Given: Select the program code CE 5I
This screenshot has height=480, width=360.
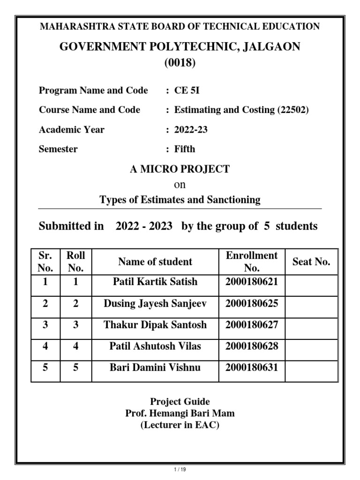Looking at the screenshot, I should (x=187, y=90).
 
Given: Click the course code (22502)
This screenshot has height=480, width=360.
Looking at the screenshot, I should (x=293, y=110).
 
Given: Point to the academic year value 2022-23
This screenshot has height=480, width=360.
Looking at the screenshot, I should (x=191, y=130).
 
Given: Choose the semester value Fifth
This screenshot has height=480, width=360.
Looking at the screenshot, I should (x=185, y=150).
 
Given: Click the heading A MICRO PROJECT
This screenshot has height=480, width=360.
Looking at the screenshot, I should (x=180, y=169).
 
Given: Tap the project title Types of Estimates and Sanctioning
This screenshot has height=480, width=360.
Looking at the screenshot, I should (x=180, y=200).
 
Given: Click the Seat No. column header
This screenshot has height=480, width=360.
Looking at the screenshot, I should (x=311, y=262).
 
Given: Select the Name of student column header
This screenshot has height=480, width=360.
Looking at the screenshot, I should (x=155, y=262).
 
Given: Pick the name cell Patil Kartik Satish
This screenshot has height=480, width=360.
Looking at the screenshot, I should (x=155, y=282).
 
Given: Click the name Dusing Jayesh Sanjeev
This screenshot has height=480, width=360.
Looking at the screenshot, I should (x=155, y=304).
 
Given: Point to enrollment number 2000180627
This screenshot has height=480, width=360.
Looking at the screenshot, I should (x=252, y=325).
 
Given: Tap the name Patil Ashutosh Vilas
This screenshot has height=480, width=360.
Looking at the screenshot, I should (x=155, y=346).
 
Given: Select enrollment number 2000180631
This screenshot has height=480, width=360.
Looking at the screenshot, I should (x=252, y=367).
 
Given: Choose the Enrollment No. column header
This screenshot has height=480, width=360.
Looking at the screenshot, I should (x=252, y=262).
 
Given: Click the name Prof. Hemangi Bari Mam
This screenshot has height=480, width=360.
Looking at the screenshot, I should (x=180, y=413).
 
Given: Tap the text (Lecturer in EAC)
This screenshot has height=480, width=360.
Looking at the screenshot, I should (x=180, y=425).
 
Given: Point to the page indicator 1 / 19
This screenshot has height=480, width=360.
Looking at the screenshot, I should (x=180, y=469).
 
